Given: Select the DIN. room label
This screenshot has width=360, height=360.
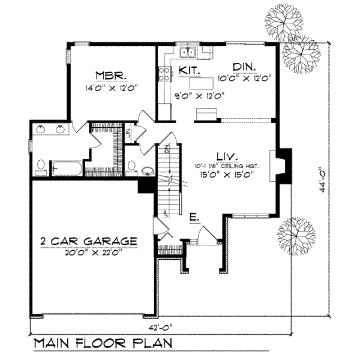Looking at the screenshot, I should (244, 67).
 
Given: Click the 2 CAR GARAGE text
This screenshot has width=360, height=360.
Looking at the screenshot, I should (89, 241).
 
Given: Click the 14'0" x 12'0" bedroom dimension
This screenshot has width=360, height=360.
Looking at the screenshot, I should (112, 87).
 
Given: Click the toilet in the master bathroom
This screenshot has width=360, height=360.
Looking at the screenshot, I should (40, 166).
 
